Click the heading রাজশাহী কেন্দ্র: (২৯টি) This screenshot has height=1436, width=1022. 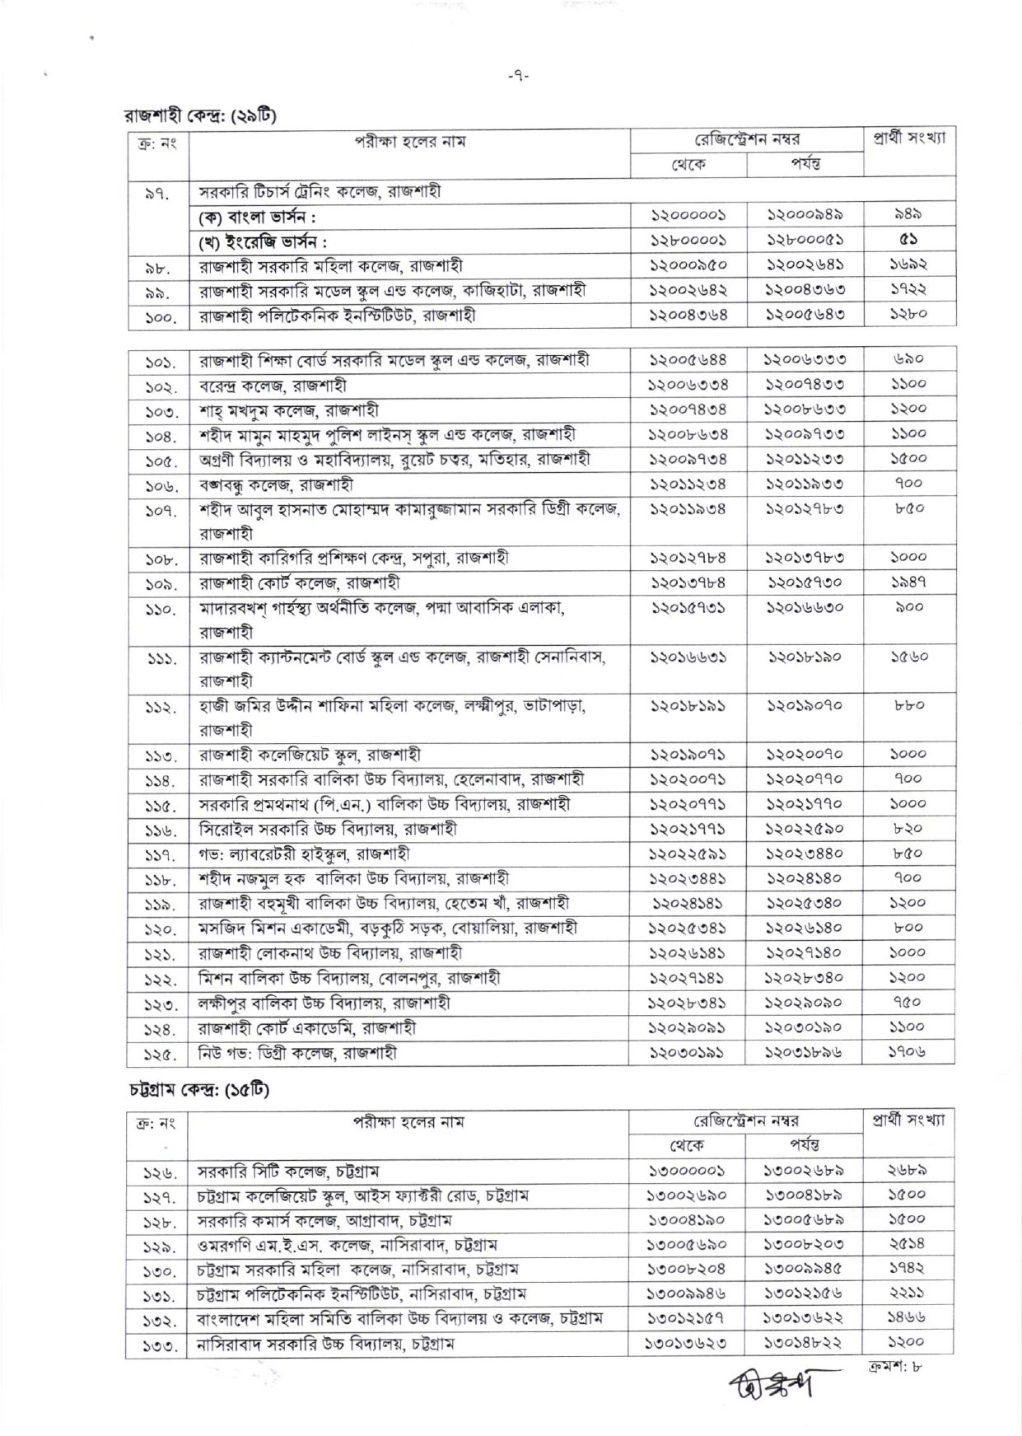[199, 115]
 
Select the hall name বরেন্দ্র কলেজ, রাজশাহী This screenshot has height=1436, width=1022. [273, 385]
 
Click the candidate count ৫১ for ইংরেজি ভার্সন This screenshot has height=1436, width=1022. [908, 240]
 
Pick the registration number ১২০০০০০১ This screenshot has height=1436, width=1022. [688, 215]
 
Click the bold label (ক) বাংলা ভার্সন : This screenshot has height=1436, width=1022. [258, 217]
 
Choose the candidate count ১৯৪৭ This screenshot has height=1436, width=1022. [908, 582]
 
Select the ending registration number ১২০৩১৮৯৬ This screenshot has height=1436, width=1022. [804, 1052]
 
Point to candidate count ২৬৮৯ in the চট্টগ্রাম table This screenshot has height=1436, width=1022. [908, 1171]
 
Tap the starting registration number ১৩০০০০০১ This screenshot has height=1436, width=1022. [688, 1171]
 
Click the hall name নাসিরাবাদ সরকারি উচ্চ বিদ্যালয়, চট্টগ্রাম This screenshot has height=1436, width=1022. [325, 1344]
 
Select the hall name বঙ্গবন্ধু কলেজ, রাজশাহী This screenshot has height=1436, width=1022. [276, 484]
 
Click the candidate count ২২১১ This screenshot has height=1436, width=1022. [908, 1294]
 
